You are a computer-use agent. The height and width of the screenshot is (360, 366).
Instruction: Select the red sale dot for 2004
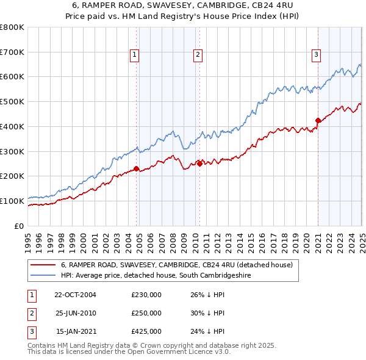(x=137, y=168)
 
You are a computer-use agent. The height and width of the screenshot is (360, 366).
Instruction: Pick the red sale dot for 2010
(x=199, y=164)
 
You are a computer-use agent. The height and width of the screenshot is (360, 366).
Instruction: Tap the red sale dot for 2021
(x=318, y=120)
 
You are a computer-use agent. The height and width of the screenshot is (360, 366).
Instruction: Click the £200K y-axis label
(x=12, y=176)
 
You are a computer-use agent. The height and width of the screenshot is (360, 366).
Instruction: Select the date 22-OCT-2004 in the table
(x=75, y=294)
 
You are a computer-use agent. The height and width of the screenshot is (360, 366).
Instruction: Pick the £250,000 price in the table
(x=146, y=313)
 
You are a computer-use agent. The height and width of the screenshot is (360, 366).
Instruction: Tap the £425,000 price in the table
(x=146, y=331)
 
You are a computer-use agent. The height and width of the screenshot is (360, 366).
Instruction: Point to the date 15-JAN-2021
(x=76, y=331)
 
